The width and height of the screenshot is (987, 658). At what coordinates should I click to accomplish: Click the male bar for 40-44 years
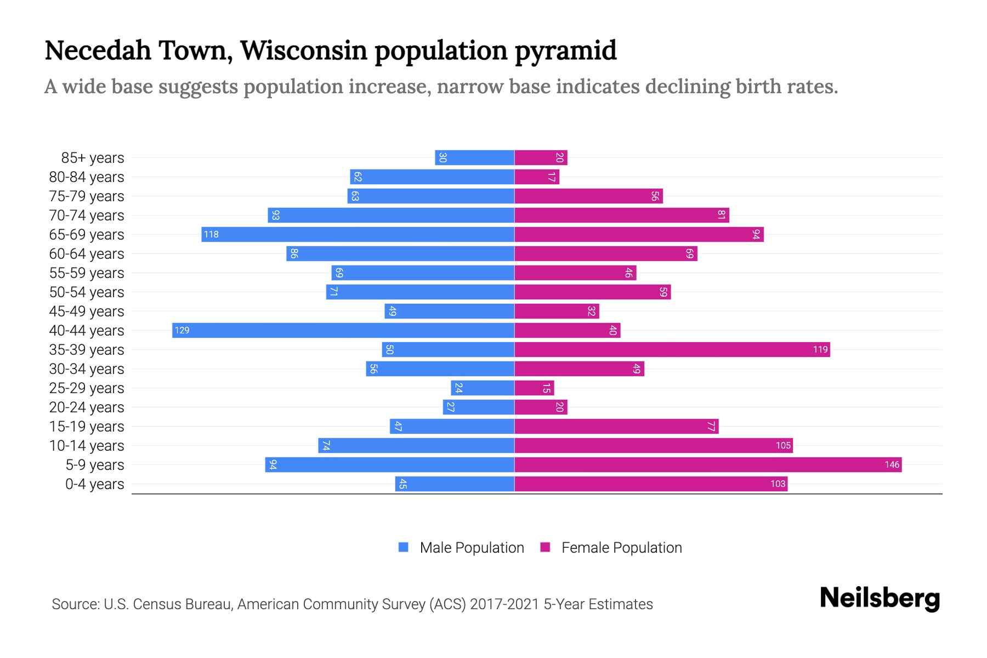pos(343,330)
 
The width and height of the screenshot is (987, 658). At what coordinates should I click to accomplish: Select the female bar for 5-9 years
pos(707,464)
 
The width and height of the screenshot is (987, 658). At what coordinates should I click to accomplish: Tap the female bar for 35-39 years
pos(672,349)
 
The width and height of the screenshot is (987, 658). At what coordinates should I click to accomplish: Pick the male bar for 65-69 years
pos(358,234)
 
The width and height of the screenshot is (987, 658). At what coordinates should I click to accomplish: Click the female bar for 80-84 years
pos(537,177)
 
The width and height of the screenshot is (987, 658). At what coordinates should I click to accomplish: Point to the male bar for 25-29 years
pos(483,388)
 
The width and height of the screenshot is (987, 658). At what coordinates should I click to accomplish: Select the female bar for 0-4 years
pos(651,484)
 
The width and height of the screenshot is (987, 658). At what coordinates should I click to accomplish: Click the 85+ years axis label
pos(93,158)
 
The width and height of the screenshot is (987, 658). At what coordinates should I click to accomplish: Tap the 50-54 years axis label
pos(87,292)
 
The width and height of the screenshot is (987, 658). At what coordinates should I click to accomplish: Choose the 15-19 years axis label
pos(87,427)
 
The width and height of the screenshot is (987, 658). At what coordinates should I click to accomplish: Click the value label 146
pos(892,464)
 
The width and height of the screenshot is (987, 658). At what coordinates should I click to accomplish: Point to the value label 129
pos(182,330)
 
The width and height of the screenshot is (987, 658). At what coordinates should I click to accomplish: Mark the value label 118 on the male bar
pos(211,234)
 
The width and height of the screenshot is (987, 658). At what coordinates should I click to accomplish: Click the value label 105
pos(783,445)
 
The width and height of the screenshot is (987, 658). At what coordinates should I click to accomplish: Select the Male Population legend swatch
pos(404,547)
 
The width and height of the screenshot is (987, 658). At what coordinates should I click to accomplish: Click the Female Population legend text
pos(621,547)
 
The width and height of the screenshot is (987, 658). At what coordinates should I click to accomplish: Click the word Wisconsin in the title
pos(303,50)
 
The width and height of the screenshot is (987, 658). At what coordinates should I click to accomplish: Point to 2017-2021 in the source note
pos(504,604)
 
